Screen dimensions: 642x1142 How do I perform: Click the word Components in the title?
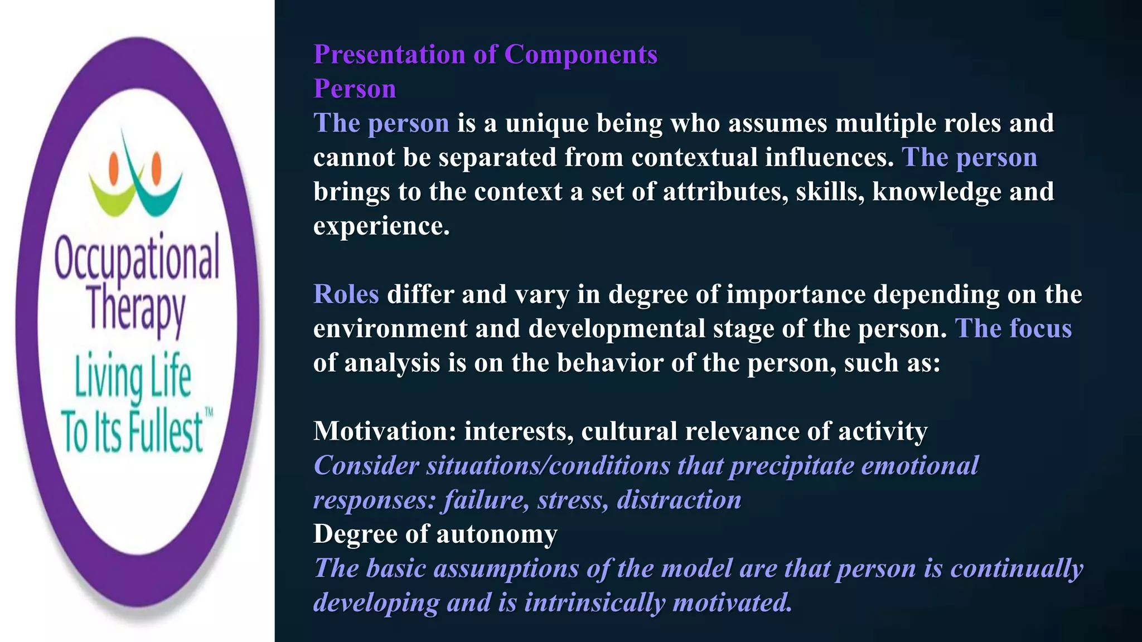click(x=580, y=55)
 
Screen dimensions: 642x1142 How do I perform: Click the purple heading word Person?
click(x=355, y=89)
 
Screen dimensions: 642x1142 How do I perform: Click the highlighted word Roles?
click(x=346, y=294)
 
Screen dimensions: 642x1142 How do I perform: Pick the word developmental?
click(x=617, y=329)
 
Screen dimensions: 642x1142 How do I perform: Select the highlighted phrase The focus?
click(x=1013, y=329)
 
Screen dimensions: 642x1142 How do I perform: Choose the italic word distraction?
click(x=679, y=500)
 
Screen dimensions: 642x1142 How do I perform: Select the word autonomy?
click(x=496, y=534)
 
